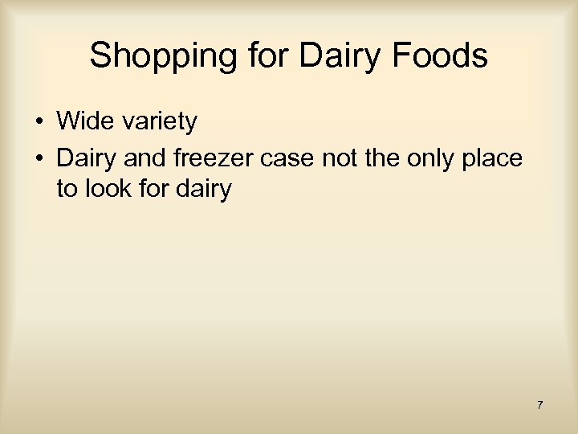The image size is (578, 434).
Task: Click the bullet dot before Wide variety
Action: tap(39, 123)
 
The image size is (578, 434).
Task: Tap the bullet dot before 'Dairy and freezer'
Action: tap(39, 158)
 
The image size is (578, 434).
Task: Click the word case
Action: tap(287, 158)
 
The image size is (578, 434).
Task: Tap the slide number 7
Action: tap(539, 405)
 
